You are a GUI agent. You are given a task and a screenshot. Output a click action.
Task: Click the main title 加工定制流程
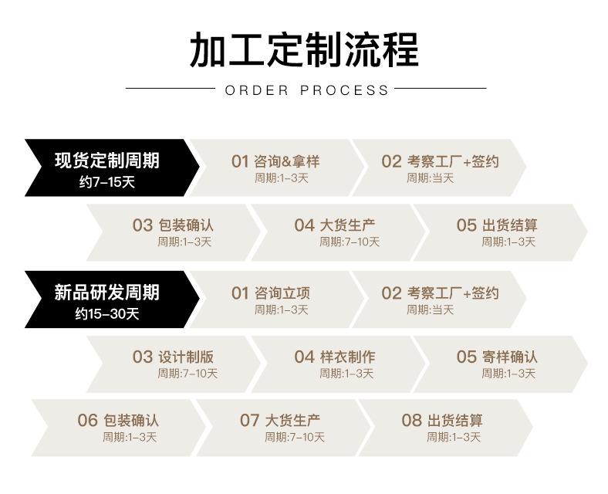click(304, 50)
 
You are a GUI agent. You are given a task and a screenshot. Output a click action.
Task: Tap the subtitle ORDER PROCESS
click(306, 90)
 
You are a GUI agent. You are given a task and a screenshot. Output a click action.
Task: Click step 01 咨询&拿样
click(275, 161)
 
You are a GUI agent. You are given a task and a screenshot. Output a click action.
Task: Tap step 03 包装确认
click(173, 225)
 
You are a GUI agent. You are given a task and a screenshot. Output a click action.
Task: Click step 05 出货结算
click(497, 225)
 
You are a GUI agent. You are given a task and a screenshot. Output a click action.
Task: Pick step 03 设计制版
click(173, 357)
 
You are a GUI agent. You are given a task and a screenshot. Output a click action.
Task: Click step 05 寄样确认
click(497, 357)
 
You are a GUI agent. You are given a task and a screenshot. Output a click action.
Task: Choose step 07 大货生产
click(280, 421)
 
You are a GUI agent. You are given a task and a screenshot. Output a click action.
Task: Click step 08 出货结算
click(442, 421)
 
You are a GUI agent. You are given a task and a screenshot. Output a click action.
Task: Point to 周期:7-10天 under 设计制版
click(187, 374)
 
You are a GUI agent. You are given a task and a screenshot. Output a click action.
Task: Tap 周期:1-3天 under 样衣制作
click(346, 374)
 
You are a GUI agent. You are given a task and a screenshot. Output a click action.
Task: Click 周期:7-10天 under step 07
click(295, 438)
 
